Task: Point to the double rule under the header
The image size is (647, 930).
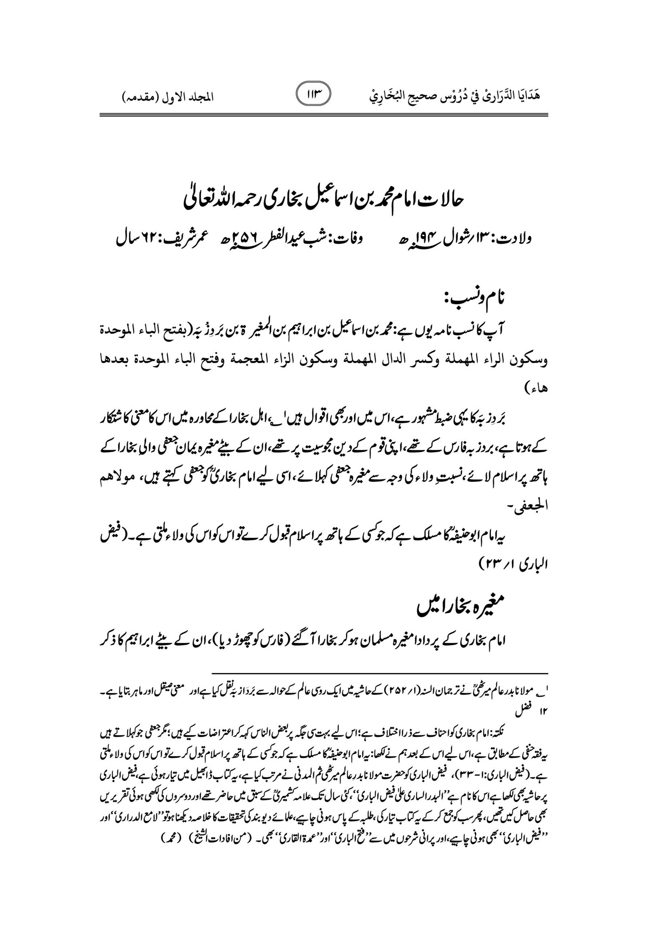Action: [x=323, y=115]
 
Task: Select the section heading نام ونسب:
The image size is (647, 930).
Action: [x=478, y=299]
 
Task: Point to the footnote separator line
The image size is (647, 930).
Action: [x=379, y=673]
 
